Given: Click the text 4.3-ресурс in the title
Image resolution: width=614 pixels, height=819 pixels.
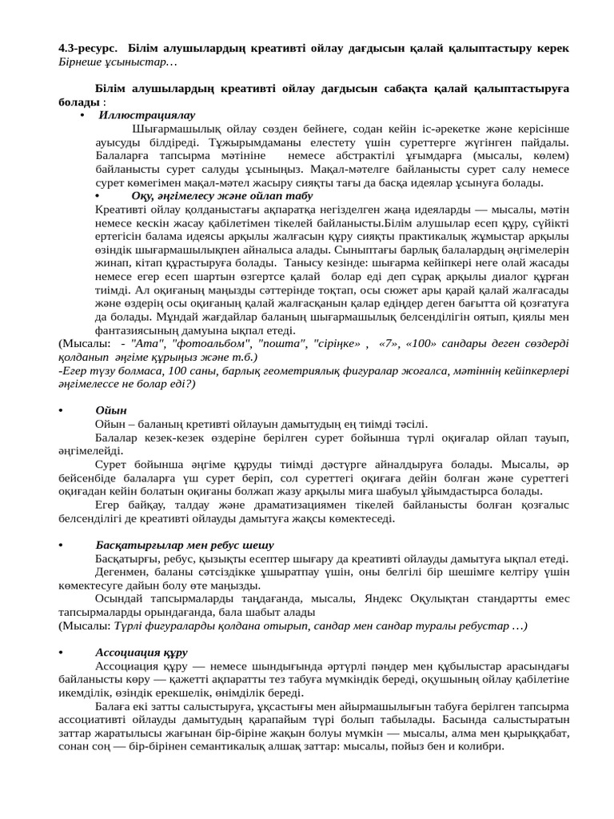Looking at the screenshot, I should [x=87, y=48].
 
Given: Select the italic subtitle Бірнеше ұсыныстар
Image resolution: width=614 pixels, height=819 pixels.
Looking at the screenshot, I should [x=117, y=62].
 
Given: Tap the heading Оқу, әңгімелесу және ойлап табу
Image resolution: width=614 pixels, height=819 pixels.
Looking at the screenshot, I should [x=222, y=195].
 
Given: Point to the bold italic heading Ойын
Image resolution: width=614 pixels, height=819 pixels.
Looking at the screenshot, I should [x=111, y=410].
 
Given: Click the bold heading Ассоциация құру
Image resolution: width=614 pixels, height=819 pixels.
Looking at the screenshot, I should [x=142, y=653].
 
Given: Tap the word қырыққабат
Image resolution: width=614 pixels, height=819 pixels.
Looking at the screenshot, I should [x=533, y=733].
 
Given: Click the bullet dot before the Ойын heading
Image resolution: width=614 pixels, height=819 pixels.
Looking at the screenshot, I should [x=61, y=411].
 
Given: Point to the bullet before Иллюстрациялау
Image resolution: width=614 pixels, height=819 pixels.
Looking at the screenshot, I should [x=83, y=116].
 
